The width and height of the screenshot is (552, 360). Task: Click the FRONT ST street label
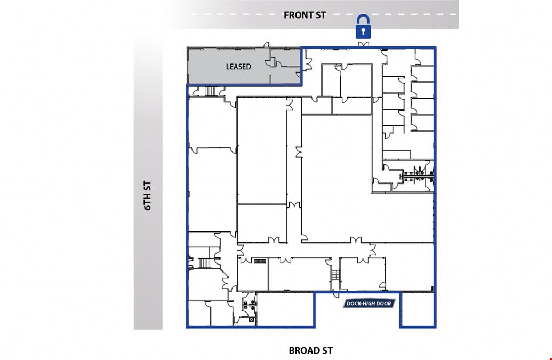(305, 15)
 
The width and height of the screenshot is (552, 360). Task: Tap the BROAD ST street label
(310, 350)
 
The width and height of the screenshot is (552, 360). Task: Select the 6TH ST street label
(148, 196)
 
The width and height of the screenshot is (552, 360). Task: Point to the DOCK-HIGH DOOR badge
(369, 303)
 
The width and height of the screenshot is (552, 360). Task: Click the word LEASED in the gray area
(238, 67)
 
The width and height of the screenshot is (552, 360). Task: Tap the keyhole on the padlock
(363, 31)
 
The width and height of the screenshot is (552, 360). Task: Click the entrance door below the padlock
(363, 44)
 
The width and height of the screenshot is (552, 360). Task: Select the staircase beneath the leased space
(210, 91)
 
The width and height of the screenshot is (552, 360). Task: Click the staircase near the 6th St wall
(205, 263)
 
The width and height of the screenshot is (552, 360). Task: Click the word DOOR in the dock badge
(383, 303)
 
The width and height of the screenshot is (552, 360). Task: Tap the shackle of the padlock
(363, 19)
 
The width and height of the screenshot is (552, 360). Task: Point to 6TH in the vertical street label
(148, 202)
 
